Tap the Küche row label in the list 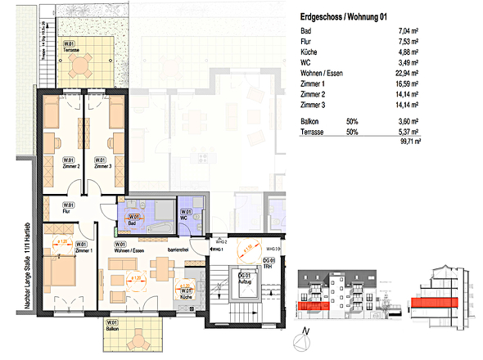pos(310,59)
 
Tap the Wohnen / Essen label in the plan pos(122,246)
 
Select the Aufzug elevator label pos(244,281)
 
